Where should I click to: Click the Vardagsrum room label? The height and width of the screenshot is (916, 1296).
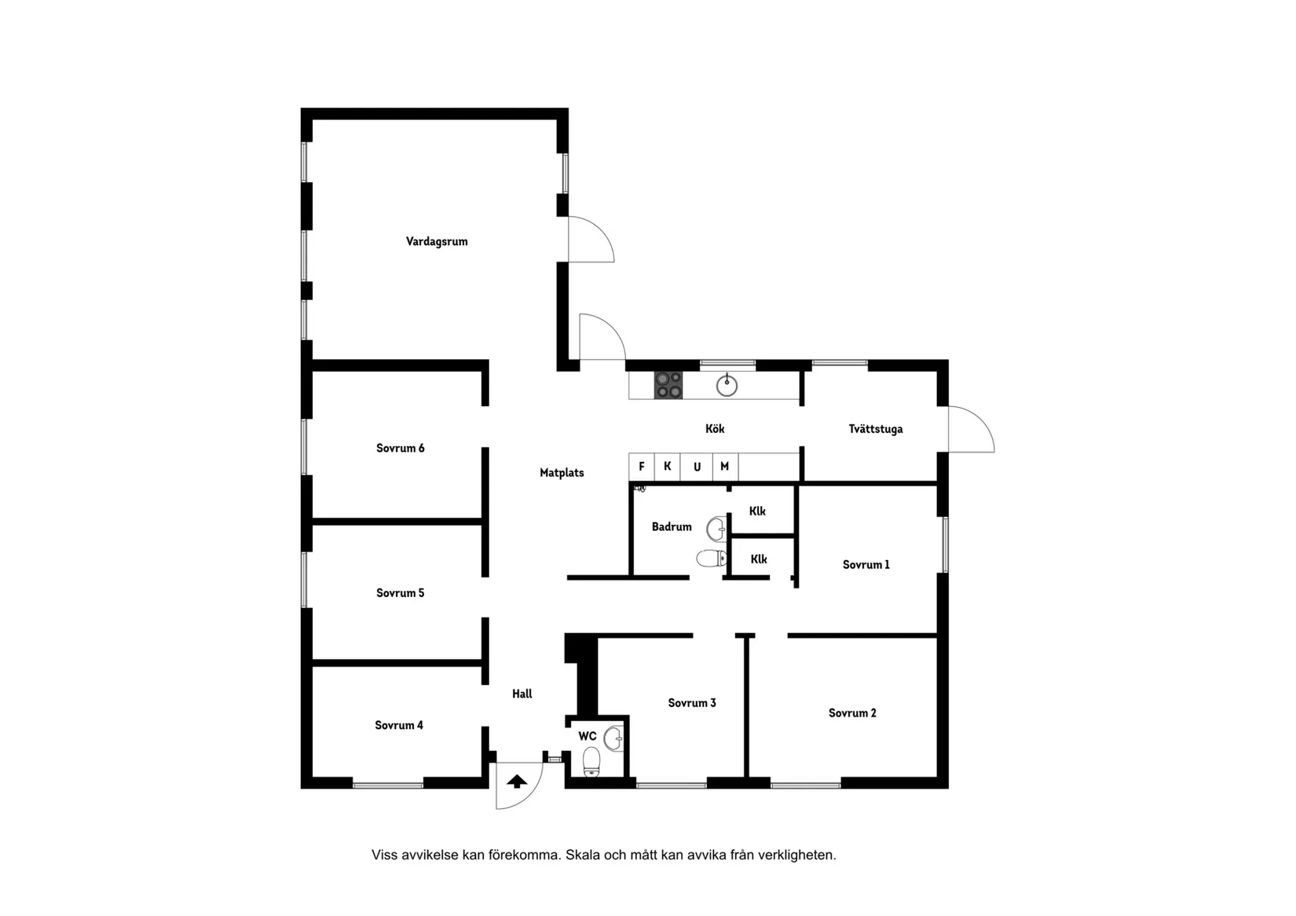437,241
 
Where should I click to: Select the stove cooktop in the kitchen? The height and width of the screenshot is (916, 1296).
668,385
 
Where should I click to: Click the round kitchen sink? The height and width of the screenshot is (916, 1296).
727,386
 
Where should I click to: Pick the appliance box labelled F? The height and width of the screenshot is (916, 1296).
642,467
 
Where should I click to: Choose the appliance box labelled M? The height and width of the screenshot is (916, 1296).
725,467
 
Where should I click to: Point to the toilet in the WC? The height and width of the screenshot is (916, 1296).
591,761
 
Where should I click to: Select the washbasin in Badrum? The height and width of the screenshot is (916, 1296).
716,529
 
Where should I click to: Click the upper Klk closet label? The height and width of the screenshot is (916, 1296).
757,511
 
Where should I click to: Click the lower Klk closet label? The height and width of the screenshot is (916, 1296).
759,559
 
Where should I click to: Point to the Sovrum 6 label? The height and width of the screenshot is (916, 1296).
400,449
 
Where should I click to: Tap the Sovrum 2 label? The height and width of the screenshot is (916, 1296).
852,713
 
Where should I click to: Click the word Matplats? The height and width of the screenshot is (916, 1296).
562,473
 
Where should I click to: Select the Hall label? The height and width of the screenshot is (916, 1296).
522,694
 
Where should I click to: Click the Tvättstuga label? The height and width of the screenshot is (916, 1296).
875,429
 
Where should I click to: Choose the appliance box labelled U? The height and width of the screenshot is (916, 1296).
697,467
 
